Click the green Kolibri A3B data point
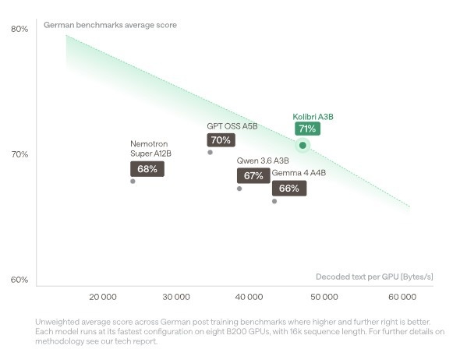(303, 145)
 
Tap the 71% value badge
(307, 129)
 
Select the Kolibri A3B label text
(313, 117)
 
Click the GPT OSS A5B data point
(210, 153)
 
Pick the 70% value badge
(221, 139)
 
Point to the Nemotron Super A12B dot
(133, 182)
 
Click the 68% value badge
(147, 169)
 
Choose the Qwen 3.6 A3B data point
(239, 189)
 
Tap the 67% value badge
(253, 175)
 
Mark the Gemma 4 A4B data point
(274, 201)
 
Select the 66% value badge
(289, 189)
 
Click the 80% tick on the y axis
(19, 29)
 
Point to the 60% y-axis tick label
(19, 280)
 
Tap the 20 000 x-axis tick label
(103, 297)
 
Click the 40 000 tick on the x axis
(249, 297)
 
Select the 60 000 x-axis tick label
(402, 297)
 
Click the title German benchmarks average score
(110, 25)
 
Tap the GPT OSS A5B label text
(232, 126)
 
